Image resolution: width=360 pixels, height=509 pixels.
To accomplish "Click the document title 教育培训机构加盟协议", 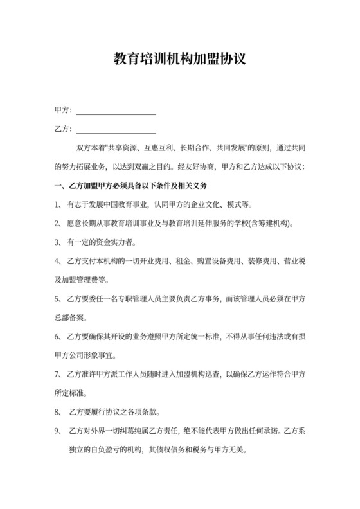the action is coord(180,61).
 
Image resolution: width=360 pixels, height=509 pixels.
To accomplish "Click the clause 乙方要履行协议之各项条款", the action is coord(116,411).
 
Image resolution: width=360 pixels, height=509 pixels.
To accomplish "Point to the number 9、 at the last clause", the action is coord(59,429).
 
